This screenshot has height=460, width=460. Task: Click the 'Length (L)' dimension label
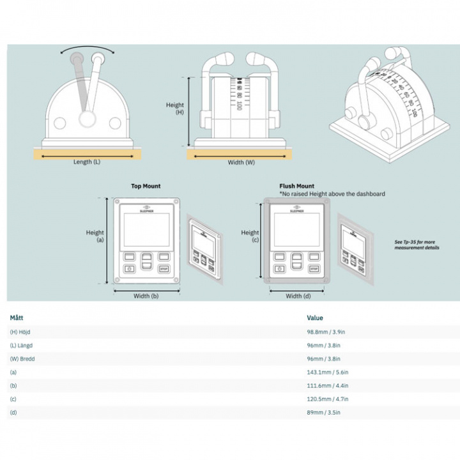click(86, 162)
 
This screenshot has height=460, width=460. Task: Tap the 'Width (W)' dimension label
click(241, 162)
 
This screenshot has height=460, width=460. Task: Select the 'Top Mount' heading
click(146, 186)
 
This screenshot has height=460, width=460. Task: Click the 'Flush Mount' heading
click(296, 186)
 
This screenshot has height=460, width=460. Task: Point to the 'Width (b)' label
click(146, 296)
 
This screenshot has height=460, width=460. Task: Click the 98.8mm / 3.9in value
click(326, 332)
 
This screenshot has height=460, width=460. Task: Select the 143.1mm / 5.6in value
click(327, 372)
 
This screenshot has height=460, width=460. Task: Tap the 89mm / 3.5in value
click(324, 412)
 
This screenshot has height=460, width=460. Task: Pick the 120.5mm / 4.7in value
click(327, 399)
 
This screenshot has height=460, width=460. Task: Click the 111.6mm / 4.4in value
click(327, 385)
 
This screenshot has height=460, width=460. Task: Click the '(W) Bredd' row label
click(22, 358)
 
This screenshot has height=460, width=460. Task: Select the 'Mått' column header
click(17, 317)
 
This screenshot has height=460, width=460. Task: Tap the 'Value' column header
click(315, 318)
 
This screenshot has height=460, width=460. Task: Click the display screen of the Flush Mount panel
click(296, 229)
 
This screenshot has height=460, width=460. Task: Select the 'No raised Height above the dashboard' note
click(332, 194)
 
